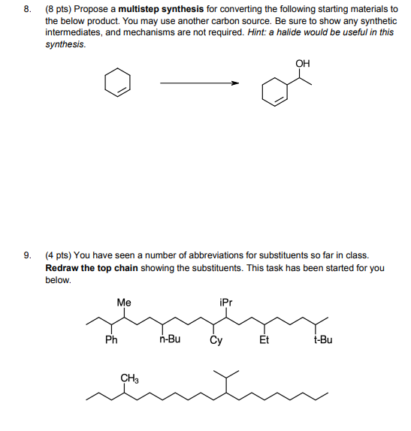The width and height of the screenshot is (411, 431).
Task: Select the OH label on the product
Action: tap(302, 64)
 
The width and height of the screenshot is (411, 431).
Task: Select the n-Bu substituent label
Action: tap(170, 339)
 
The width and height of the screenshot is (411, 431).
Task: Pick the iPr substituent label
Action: tap(226, 303)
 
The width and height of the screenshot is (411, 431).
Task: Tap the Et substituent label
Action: tap(264, 339)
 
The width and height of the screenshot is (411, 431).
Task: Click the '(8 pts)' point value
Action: tap(59, 11)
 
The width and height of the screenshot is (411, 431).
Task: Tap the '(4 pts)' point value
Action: tap(59, 256)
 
